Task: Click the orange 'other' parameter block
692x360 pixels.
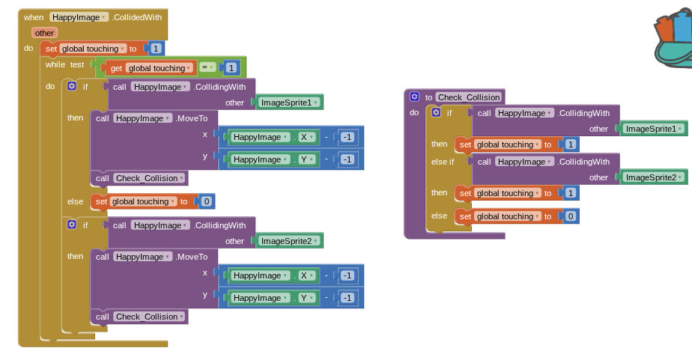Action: click(x=44, y=33)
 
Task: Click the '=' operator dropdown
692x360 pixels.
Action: click(x=207, y=67)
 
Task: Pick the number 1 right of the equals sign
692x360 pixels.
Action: click(x=231, y=68)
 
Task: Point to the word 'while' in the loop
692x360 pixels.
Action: click(x=55, y=64)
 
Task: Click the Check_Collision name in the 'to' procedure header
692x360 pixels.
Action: click(x=469, y=97)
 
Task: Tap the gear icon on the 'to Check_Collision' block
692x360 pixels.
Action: click(x=414, y=97)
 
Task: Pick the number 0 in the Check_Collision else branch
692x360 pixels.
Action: click(x=571, y=216)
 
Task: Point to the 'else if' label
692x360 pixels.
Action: click(x=441, y=162)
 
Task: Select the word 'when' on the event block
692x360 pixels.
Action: click(x=34, y=16)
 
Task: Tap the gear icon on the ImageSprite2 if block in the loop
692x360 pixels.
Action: click(x=71, y=225)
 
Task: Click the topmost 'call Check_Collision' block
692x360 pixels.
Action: click(x=139, y=178)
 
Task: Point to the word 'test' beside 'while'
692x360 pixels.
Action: click(x=77, y=64)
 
